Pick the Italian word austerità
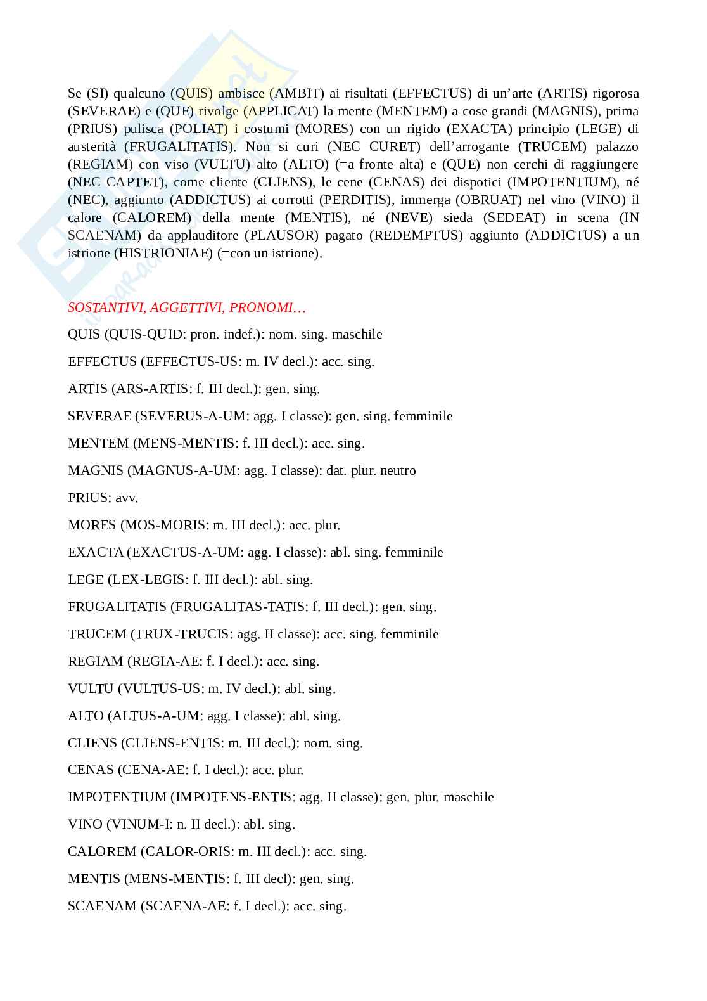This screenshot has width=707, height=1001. (x=93, y=146)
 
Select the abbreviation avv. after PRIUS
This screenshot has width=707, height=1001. (x=127, y=498)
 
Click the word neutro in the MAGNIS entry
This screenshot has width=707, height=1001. (x=398, y=470)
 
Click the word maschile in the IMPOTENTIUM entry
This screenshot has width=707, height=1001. (x=469, y=797)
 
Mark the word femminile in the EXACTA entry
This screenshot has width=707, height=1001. (x=414, y=552)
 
